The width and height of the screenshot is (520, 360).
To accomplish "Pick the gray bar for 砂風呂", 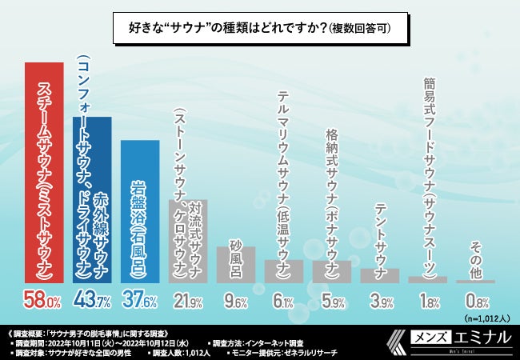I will pyautogui.click(x=235, y=264).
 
